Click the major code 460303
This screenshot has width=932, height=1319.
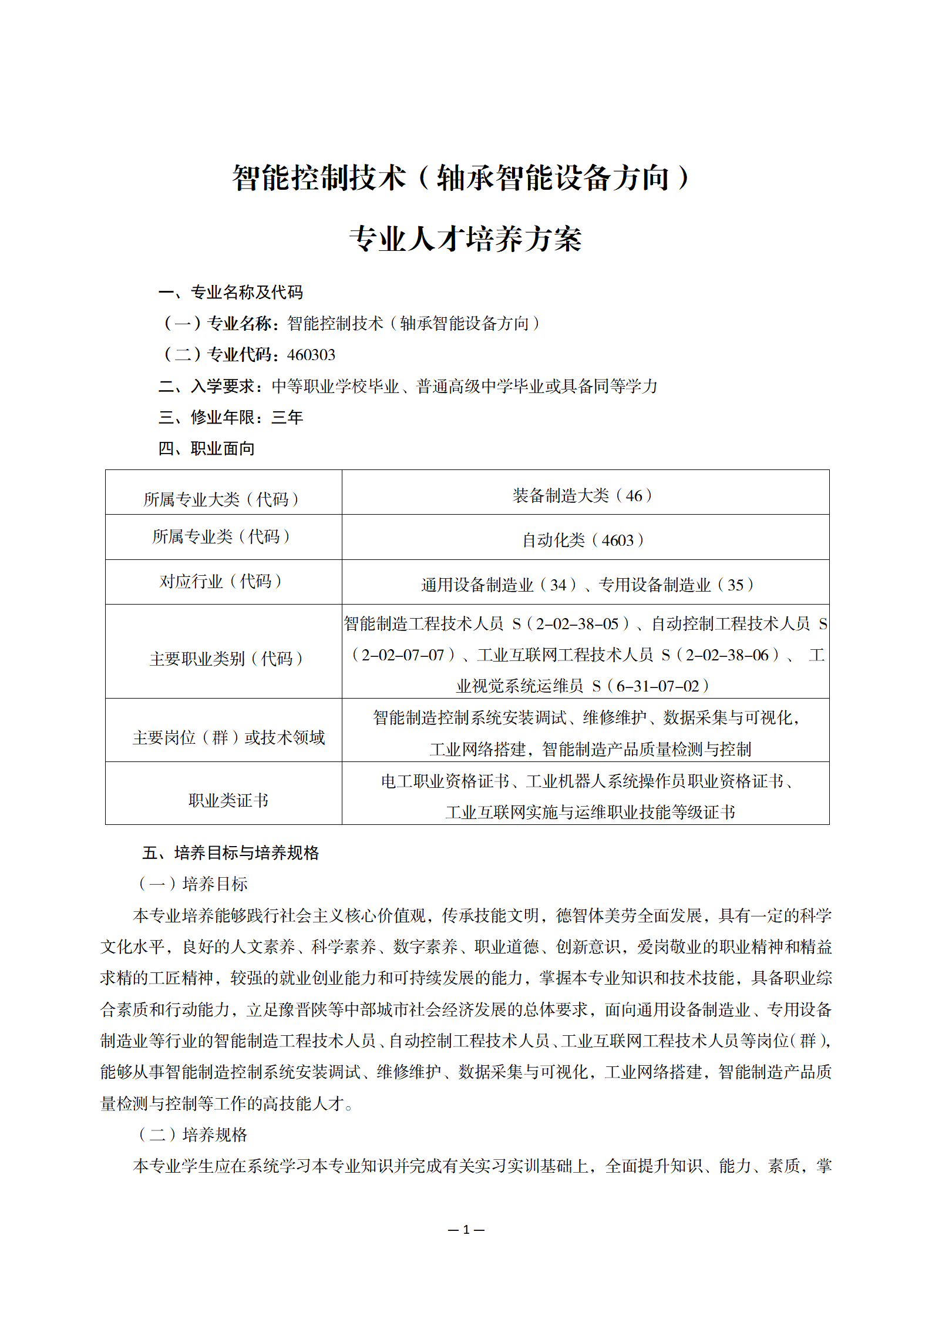click(x=311, y=355)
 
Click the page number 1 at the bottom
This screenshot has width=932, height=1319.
click(x=466, y=1229)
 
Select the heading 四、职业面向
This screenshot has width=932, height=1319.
click(x=206, y=449)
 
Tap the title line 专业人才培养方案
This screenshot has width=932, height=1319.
click(x=465, y=239)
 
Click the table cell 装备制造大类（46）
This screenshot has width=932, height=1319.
click(x=583, y=496)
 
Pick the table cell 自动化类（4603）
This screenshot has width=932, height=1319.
click(x=583, y=540)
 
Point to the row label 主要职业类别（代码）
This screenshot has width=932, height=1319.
click(x=226, y=659)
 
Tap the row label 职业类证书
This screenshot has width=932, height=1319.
click(x=228, y=800)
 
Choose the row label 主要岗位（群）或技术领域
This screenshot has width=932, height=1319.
click(x=228, y=737)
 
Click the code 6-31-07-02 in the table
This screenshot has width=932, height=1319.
click(x=658, y=686)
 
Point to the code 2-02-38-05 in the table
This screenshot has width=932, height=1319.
click(x=577, y=624)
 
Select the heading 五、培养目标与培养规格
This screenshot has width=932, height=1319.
click(x=230, y=853)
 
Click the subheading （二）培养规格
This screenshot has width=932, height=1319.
click(x=193, y=1135)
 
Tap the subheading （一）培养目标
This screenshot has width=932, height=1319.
click(x=193, y=884)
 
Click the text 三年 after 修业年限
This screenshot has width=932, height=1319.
click(x=287, y=418)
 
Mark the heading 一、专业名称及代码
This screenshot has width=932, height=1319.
click(x=230, y=293)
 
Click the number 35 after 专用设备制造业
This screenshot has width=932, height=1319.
click(x=735, y=585)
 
